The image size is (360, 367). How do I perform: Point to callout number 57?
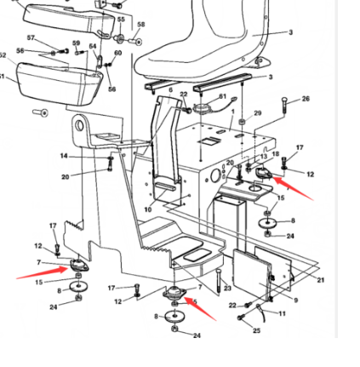[31, 37]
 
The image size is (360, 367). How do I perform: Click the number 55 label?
[120, 18]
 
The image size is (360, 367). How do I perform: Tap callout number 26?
[306, 97]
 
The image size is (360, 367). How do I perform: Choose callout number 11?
[282, 313]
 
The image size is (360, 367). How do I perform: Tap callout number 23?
[228, 288]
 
